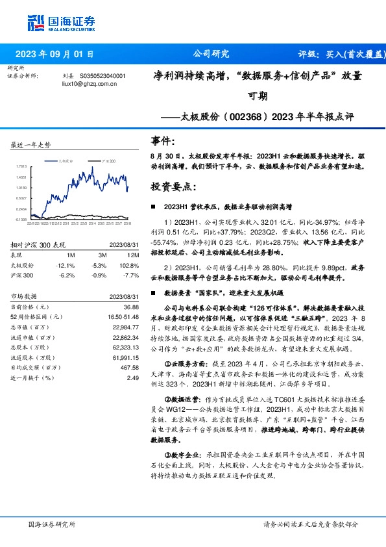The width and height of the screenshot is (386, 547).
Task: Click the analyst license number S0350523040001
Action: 103,76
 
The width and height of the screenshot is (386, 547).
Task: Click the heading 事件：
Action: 162,140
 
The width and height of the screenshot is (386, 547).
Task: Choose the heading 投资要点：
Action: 171,186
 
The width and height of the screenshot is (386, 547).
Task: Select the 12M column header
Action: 132,256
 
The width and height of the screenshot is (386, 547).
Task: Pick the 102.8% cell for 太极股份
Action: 130,265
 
